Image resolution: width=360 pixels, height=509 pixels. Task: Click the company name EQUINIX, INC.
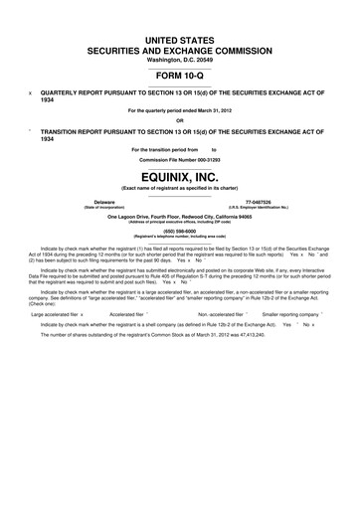coord(180,177)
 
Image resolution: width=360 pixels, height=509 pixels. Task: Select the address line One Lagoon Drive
coord(180,216)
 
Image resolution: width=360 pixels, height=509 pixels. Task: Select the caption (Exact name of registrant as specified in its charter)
coord(180,188)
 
